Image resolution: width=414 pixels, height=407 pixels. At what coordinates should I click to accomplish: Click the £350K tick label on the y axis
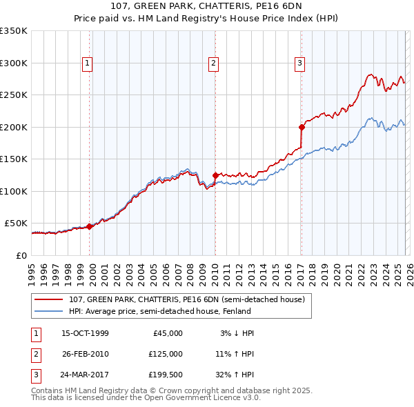(14, 31)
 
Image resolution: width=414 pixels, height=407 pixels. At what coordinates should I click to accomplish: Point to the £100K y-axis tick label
(14, 191)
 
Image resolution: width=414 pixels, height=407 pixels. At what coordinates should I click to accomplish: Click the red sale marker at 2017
(302, 127)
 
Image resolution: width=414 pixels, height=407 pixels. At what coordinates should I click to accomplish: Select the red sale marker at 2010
(215, 175)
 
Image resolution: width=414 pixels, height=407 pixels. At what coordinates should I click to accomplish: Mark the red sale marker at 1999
(90, 226)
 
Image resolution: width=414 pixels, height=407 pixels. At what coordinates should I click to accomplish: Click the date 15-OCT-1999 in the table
(85, 333)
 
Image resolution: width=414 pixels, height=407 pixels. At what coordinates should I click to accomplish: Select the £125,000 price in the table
(165, 354)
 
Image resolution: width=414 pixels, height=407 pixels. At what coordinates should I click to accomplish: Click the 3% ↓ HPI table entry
(237, 333)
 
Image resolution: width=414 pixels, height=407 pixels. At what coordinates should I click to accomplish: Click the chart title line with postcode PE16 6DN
(206, 9)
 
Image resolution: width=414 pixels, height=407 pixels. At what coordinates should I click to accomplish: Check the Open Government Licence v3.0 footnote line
(146, 397)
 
